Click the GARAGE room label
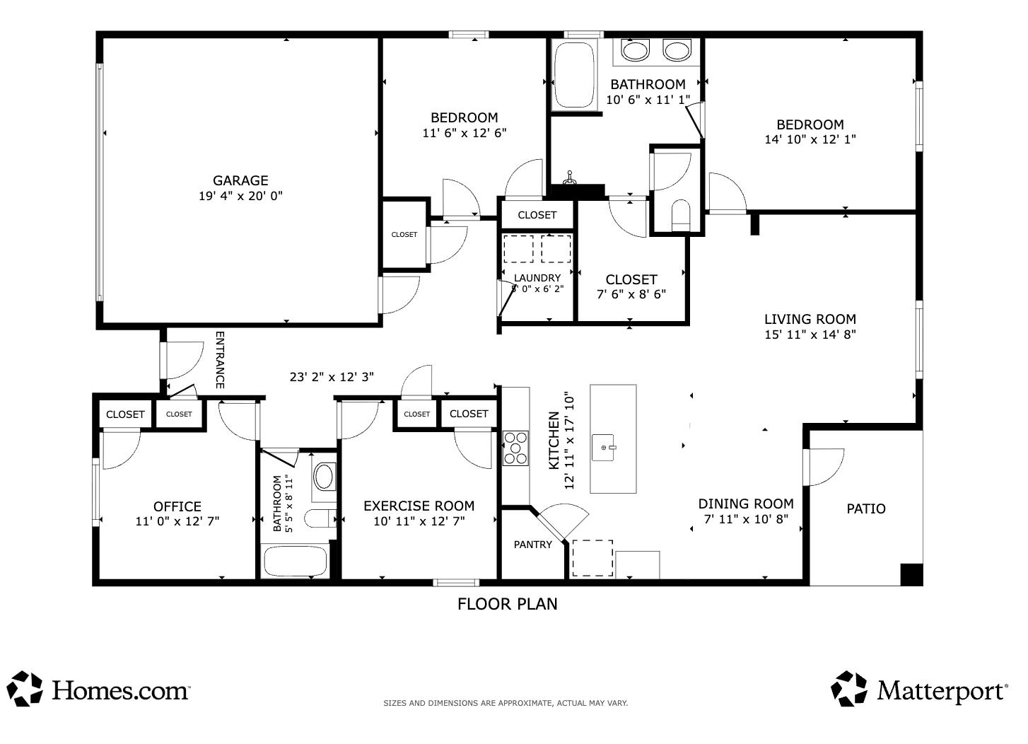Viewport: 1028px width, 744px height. pos(240,180)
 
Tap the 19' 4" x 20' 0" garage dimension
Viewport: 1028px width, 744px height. pos(240,196)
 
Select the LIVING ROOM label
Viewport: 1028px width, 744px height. pos(810,319)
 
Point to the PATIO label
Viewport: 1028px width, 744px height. pos(866,508)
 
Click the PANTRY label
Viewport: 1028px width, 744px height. pos(532,545)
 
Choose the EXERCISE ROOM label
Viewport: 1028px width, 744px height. pos(419,506)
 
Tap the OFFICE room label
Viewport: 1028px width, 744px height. pos(177,506)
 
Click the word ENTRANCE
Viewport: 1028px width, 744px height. pos(220,360)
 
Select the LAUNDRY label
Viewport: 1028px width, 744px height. pos(537,278)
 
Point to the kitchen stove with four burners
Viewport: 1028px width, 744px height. pos(515,448)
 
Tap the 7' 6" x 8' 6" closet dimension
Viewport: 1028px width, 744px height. pos(631,294)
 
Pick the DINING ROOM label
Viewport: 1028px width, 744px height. pos(746,504)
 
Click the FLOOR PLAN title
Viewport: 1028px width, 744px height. pos(507,603)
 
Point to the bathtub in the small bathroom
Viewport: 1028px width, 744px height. pos(296,560)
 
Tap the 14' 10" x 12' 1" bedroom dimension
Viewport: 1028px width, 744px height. pos(810,139)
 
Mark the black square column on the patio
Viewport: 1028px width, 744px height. pos(911,574)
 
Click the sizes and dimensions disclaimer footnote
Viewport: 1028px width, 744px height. pos(506,703)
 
